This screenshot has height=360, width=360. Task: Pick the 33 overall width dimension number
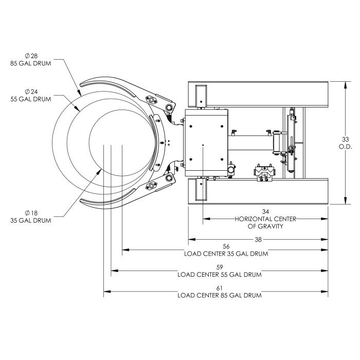click(345, 139)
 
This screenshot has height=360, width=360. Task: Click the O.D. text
click(345, 147)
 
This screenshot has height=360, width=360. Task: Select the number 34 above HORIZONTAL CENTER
click(266, 211)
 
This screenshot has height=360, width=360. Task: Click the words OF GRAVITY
click(266, 226)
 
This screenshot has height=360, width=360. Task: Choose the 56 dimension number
click(226, 246)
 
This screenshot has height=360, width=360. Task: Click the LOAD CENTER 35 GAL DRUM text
click(226, 254)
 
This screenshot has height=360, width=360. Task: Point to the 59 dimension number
click(220, 267)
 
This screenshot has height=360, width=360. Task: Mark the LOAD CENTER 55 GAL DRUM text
click(220, 274)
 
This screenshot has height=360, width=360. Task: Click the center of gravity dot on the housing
click(204, 146)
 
